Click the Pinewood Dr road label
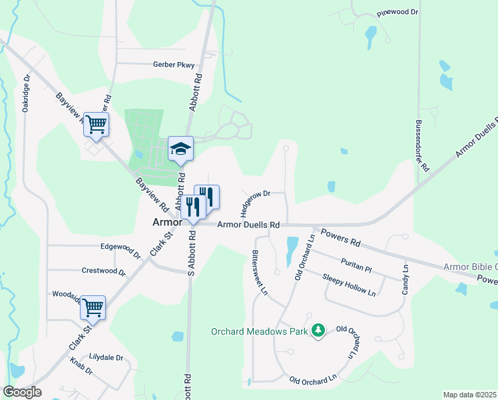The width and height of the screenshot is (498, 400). point(397,13)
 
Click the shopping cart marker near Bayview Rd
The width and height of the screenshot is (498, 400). point(96,124)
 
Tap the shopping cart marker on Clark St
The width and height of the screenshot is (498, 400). point(93,308)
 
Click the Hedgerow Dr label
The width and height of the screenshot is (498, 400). point(254,203)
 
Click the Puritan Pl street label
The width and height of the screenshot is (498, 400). point(354,267)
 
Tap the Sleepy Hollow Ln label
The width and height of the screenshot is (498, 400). point(349,285)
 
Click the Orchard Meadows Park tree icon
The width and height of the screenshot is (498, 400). point(318,331)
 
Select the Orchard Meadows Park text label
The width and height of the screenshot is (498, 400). point(260,331)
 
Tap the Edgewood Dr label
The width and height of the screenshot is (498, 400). point(121,249)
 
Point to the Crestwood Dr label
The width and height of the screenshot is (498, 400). point(103,272)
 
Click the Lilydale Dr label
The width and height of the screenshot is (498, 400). point(107,358)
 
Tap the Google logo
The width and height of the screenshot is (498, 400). point(22,392)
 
